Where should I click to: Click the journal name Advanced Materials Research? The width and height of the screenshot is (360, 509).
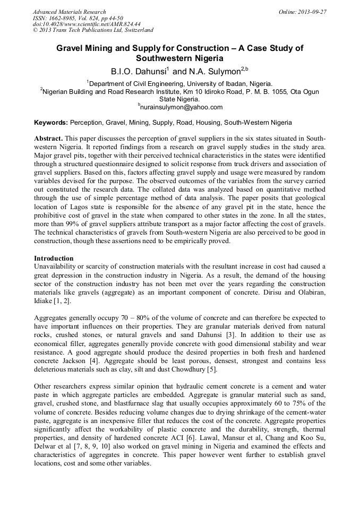point(69,12)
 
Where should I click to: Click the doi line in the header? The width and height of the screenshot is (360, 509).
point(86,24)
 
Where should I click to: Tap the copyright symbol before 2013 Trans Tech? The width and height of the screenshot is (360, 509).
point(35,31)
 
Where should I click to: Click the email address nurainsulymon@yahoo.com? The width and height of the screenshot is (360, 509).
point(181,107)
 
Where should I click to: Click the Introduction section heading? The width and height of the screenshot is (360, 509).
point(55,257)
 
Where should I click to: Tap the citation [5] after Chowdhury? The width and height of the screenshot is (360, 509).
point(211,369)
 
